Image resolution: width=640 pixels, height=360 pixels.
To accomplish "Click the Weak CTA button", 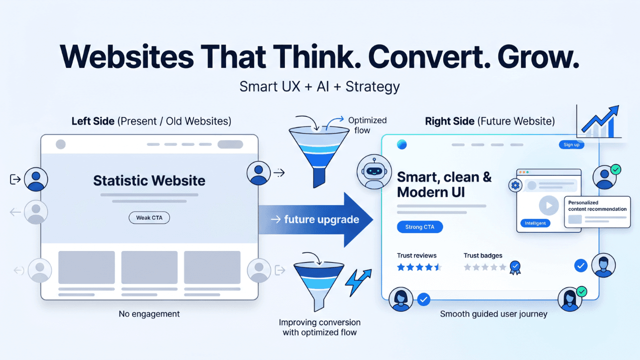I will pyautogui.click(x=149, y=218).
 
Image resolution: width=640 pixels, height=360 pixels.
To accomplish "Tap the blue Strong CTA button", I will pyautogui.click(x=419, y=227).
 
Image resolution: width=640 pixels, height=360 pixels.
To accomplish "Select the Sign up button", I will pyautogui.click(x=571, y=144).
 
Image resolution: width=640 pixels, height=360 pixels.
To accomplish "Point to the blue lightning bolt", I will pyautogui.click(x=358, y=283).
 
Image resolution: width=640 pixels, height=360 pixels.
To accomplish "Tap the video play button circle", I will pyautogui.click(x=548, y=205).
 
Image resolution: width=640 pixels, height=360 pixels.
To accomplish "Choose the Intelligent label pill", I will pyautogui.click(x=535, y=223).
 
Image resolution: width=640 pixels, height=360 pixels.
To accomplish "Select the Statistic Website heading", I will pyautogui.click(x=149, y=180).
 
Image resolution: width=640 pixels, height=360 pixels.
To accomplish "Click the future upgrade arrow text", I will pyautogui.click(x=321, y=219).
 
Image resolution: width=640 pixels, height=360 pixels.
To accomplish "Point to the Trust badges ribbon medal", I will pyautogui.click(x=514, y=267).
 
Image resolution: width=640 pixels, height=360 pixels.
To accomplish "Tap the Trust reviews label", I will pyautogui.click(x=416, y=255).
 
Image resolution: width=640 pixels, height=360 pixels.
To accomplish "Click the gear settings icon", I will pyautogui.click(x=514, y=185).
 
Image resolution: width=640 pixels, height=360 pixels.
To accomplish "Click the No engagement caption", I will pyautogui.click(x=149, y=314).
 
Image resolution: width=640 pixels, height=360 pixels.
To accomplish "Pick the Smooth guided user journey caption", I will pyautogui.click(x=493, y=314).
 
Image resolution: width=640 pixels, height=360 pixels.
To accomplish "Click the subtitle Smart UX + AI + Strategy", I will pyautogui.click(x=319, y=86).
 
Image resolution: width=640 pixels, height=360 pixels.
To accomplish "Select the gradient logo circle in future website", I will pyautogui.click(x=401, y=144).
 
